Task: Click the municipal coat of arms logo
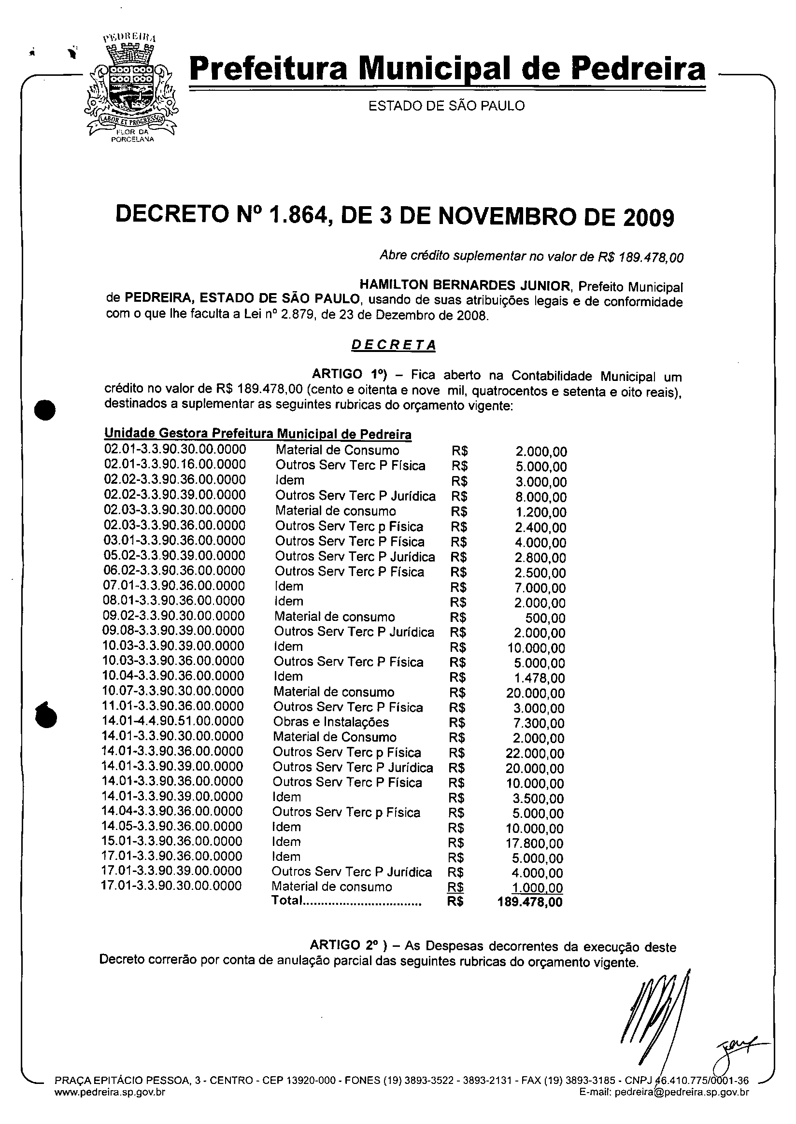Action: point(131,88)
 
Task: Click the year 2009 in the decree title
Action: point(649,217)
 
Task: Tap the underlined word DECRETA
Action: point(394,345)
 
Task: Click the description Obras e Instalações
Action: point(331,722)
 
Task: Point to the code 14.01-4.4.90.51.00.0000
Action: point(172,721)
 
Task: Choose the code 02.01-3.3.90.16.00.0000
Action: point(175,464)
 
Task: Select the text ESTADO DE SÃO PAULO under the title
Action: point(446,106)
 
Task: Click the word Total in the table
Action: point(287,900)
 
